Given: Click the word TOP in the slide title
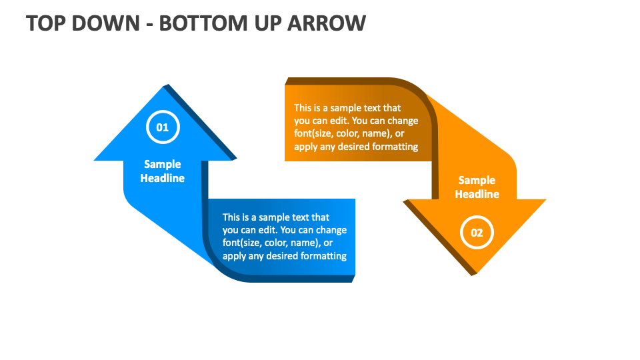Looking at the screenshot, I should coord(44,23).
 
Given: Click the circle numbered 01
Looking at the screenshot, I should coord(163,127).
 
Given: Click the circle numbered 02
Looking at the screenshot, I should coord(477,233).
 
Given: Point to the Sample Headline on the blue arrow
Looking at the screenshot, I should coord(163,171).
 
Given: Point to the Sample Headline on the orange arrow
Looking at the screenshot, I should coord(477,187).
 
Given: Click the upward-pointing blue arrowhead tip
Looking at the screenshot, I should coord(163,88).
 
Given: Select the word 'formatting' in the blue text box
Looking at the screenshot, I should coord(322,256).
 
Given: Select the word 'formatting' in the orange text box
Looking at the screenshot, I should coord(394,147).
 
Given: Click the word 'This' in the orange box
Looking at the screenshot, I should coord(303,108).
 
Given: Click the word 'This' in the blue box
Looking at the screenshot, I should coord(231,217).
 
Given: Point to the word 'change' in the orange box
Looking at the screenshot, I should coord(403,121).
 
